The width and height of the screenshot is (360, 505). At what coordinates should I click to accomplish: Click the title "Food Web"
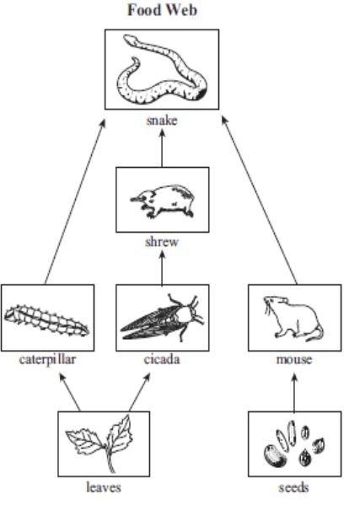162,10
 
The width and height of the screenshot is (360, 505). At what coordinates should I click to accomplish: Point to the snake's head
131,39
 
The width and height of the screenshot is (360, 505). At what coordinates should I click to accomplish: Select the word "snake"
162,121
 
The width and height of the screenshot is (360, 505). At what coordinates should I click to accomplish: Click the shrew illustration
163,201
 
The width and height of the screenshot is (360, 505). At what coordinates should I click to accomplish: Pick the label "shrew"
162,242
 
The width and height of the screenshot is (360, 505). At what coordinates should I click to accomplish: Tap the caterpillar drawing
46,320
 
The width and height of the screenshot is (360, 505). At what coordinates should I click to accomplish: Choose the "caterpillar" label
48,360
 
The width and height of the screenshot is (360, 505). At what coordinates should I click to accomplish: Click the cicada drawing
162,318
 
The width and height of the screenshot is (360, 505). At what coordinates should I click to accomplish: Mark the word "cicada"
162,359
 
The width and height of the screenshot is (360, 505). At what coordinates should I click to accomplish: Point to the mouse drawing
293,318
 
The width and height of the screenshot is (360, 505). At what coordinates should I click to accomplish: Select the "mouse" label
294,359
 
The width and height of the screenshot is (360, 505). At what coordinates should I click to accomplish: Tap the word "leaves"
104,487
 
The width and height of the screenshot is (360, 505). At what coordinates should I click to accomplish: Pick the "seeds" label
293,487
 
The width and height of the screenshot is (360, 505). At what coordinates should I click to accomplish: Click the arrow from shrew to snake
162,148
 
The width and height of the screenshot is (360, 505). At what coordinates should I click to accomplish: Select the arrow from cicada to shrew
162,268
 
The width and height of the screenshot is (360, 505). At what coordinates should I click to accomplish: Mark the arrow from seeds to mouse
294,393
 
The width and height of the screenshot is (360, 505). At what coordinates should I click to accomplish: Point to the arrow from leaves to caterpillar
70,392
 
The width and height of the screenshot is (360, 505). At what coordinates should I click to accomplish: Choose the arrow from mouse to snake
259,201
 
